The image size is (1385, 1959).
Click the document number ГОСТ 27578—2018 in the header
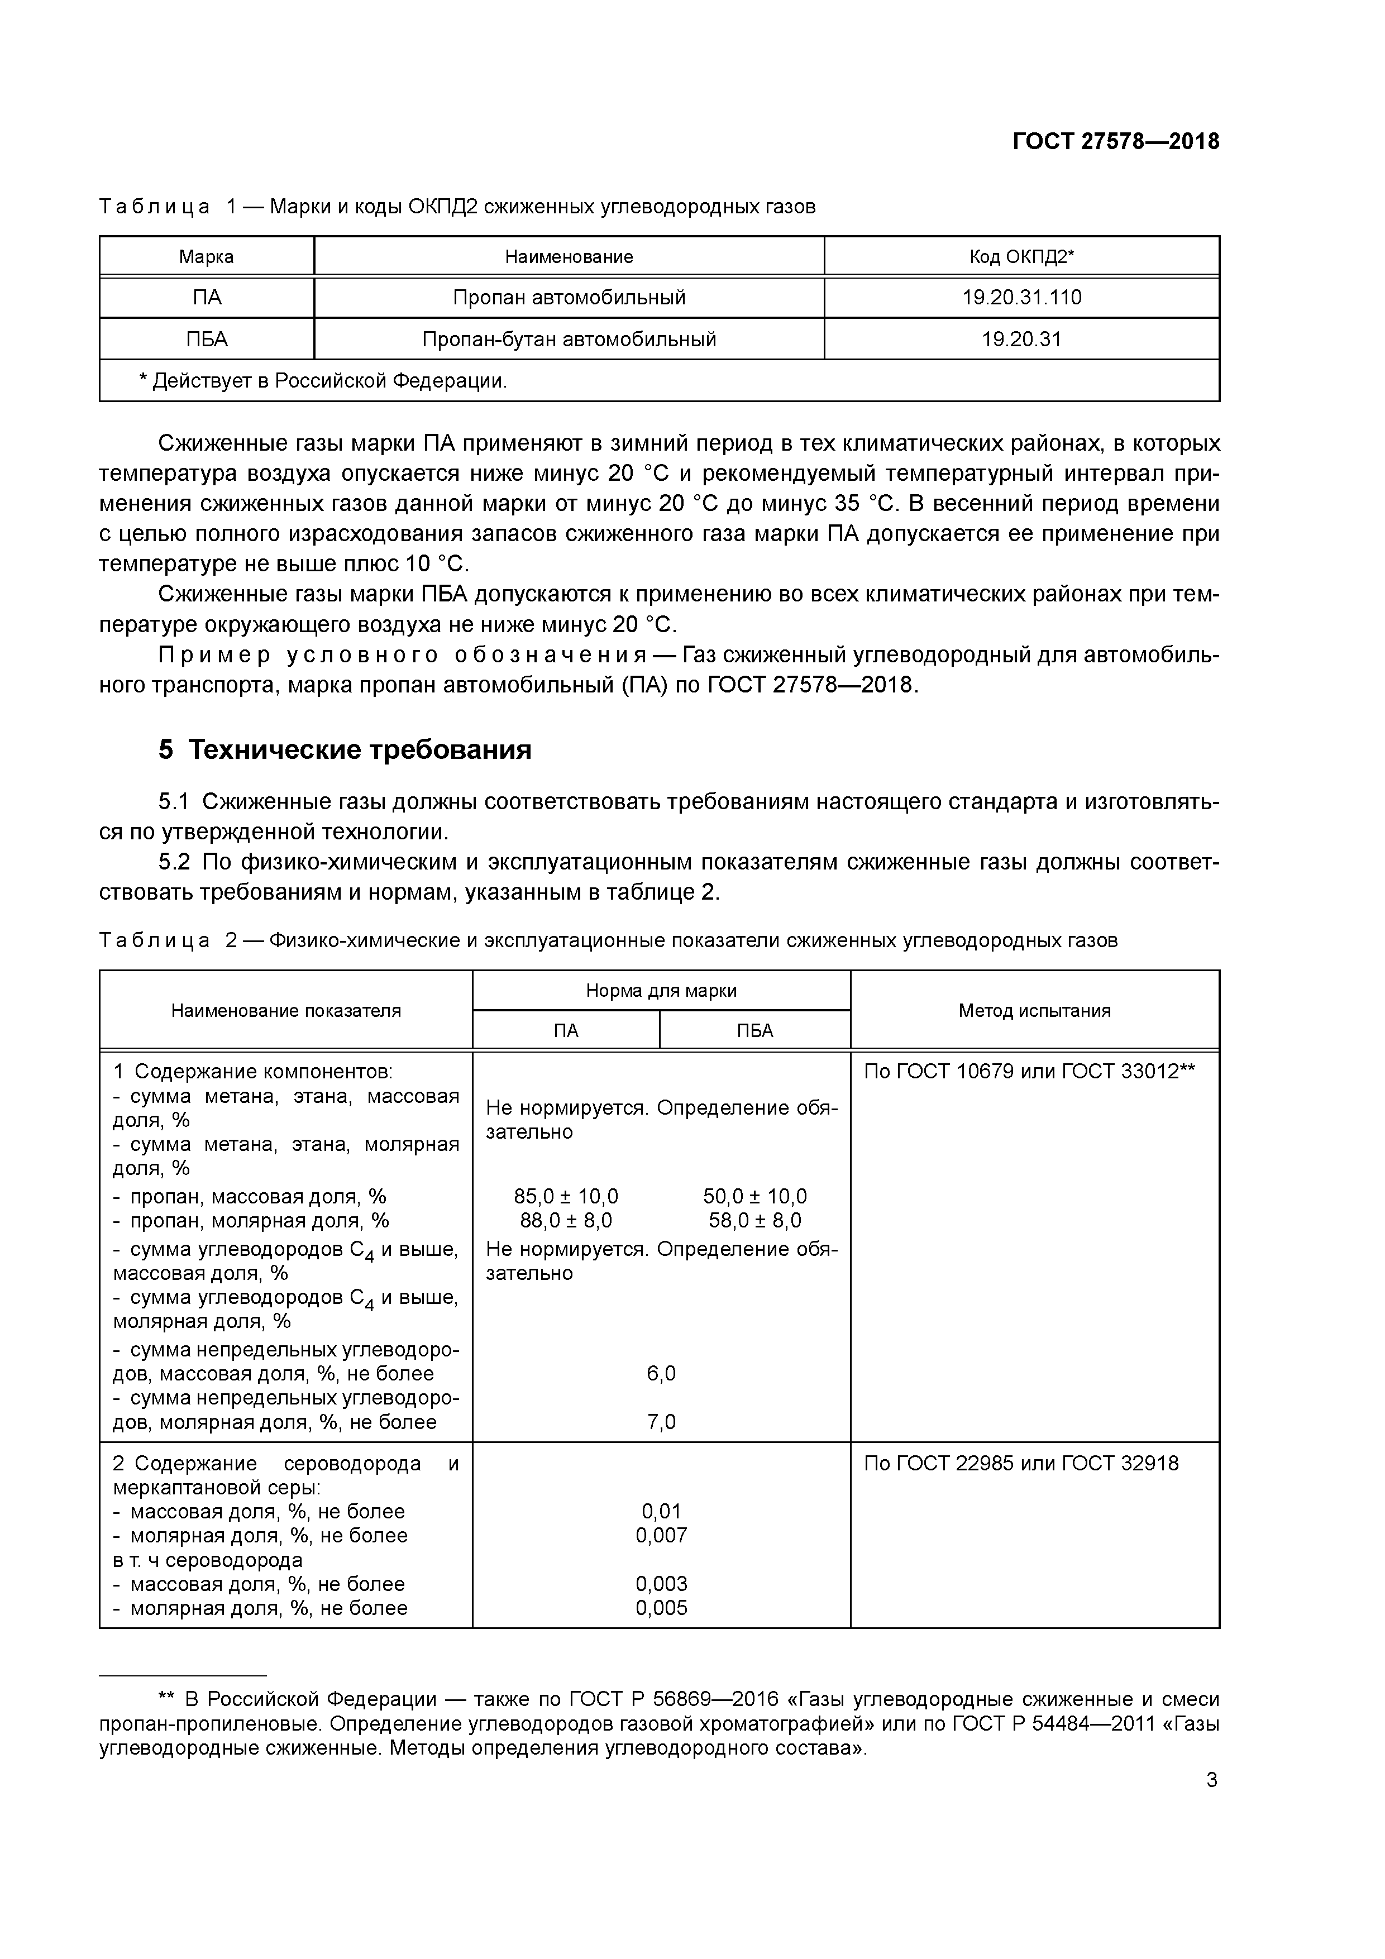[1115, 142]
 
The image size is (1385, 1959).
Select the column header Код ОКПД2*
[1021, 256]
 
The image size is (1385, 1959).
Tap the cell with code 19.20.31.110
[1021, 297]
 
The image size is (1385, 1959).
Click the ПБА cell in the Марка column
[207, 339]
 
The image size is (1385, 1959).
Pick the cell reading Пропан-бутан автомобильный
[569, 339]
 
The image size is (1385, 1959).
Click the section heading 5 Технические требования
[345, 749]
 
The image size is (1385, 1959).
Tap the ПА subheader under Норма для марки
[566, 1031]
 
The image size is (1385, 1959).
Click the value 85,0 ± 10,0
[566, 1196]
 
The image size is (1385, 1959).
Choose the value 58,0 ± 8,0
[754, 1220]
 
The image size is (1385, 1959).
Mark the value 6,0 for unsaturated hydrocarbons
[661, 1373]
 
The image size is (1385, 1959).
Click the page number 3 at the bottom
[1212, 1803]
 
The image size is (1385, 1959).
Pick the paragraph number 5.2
[174, 862]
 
